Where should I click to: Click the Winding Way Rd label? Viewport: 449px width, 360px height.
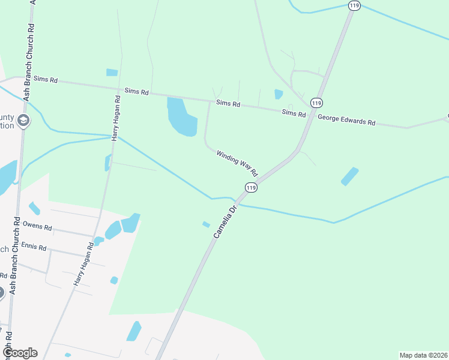237,163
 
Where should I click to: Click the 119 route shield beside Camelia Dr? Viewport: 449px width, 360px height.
251,188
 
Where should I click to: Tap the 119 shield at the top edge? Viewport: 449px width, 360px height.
354,5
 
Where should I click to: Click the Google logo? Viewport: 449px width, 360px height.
19,353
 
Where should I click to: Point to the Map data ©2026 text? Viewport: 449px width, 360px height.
423,355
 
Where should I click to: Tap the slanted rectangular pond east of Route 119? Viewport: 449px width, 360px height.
349,176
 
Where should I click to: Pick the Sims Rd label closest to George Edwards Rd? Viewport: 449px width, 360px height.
294,113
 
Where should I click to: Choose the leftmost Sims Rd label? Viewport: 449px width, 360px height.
45,79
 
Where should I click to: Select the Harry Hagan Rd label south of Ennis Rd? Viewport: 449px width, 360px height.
83,264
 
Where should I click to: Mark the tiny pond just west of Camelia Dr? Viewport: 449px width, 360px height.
206,224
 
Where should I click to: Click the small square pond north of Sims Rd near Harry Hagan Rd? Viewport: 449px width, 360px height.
112,73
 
